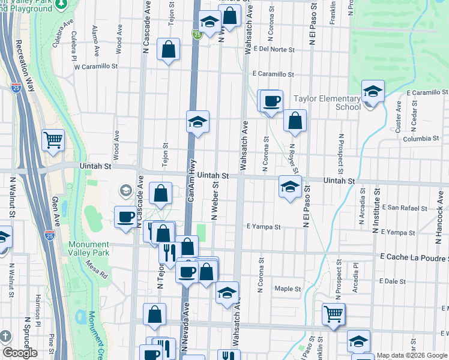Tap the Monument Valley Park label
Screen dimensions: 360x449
point(89,248)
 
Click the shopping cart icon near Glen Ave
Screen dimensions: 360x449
point(53,140)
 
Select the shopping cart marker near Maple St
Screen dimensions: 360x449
point(333,313)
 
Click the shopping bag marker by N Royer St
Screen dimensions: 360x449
point(295,121)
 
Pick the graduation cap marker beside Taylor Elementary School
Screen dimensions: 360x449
point(373,91)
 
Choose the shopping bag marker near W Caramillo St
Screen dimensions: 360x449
point(169,49)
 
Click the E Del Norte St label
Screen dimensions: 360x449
point(274,49)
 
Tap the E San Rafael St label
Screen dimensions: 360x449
point(408,208)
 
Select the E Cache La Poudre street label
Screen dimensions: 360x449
point(414,257)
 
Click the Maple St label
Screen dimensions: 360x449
point(288,289)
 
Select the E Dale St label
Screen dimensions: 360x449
point(393,281)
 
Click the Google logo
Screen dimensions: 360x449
point(20,353)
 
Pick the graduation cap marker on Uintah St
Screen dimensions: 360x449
point(290,187)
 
